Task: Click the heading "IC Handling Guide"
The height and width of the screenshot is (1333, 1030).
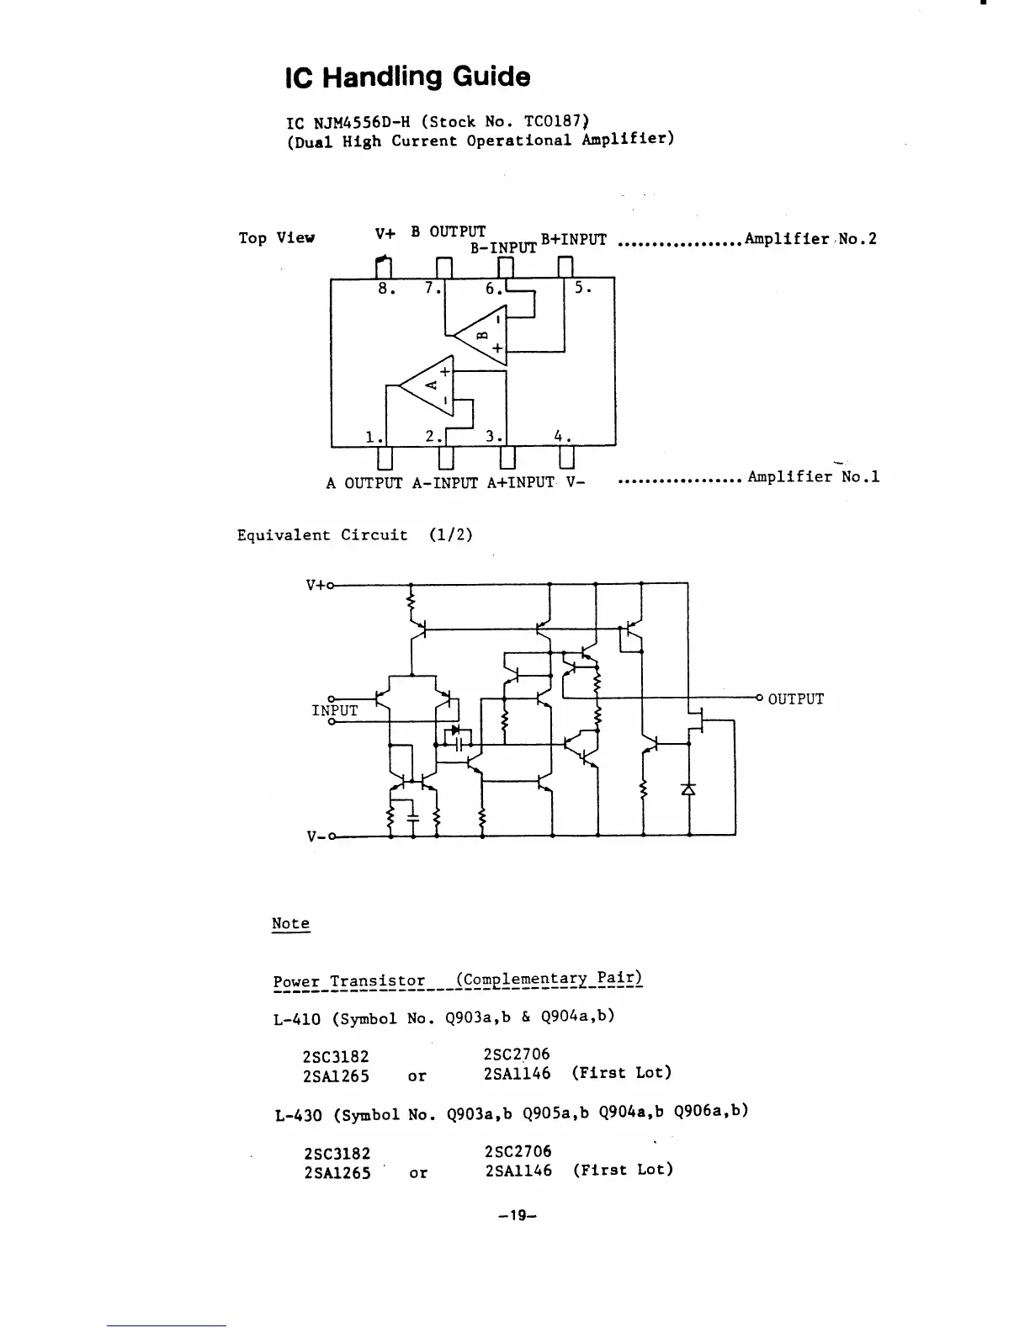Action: coord(408,77)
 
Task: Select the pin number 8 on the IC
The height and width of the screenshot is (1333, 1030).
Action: coord(385,288)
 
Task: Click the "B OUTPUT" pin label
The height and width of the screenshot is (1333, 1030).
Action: coord(448,231)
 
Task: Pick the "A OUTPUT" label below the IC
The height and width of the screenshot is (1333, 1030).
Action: coord(364,483)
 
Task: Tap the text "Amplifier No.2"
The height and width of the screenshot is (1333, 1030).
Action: coord(810,239)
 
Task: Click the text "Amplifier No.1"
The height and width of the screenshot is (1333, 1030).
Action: coord(813,477)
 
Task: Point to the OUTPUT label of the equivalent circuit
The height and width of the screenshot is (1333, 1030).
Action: coord(795,699)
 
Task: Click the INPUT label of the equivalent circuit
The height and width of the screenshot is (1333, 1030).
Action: coord(334,710)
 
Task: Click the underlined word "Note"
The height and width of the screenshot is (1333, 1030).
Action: coord(290,923)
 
